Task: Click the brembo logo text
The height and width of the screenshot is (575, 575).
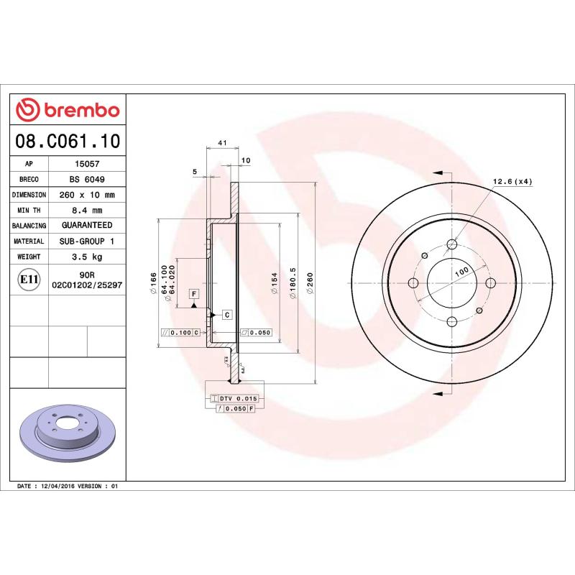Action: pyautogui.click(x=79, y=110)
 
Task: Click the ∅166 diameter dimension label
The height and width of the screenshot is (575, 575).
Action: pyautogui.click(x=153, y=285)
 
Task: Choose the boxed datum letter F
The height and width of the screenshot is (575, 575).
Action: pyautogui.click(x=193, y=293)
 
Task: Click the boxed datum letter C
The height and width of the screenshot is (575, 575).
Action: pyautogui.click(x=226, y=315)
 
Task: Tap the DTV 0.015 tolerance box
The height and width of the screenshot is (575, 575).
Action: pyautogui.click(x=238, y=398)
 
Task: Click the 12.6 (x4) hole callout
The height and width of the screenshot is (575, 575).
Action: pyautogui.click(x=512, y=181)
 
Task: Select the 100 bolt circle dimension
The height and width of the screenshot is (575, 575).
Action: pyautogui.click(x=461, y=272)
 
